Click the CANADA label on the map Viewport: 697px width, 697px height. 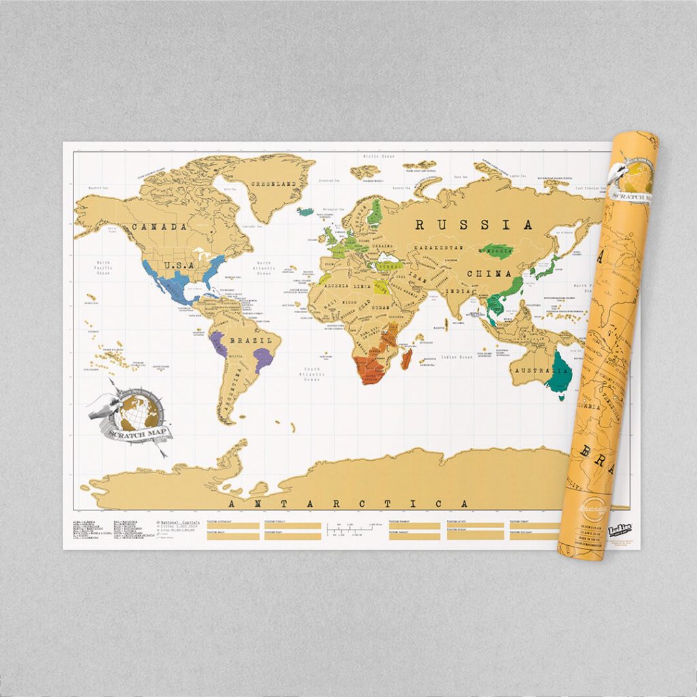click(x=159, y=227)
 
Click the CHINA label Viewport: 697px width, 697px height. click(x=489, y=274)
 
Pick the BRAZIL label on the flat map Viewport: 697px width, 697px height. click(x=253, y=340)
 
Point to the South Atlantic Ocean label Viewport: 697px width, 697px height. click(x=311, y=375)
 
